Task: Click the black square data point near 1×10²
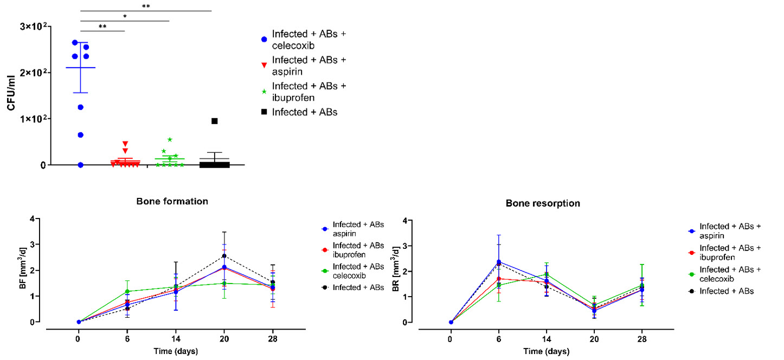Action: [x=214, y=121]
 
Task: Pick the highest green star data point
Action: [x=170, y=139]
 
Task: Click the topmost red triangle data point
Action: [x=125, y=144]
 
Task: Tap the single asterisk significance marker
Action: [x=125, y=16]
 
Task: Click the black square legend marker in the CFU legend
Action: [x=264, y=112]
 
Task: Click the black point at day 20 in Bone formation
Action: [x=224, y=256]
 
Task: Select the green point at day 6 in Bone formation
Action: [x=127, y=292]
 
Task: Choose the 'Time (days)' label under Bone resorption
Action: [x=546, y=351]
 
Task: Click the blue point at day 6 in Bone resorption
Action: [x=498, y=262]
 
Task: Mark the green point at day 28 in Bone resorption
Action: [x=642, y=285]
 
